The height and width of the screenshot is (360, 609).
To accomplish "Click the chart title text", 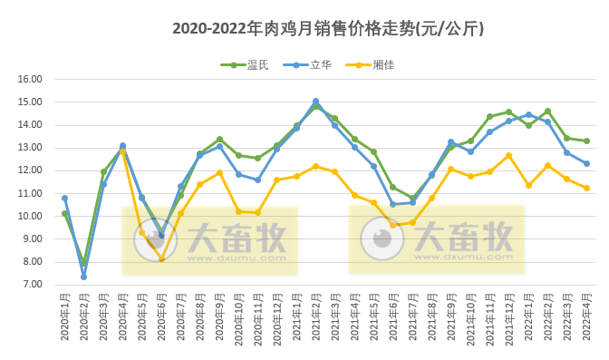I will pyautogui.click(x=327, y=29).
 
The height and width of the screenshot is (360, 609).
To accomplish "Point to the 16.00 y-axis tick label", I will pyautogui.click(x=31, y=79).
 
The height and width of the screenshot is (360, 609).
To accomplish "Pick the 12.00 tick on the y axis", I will pyautogui.click(x=31, y=170).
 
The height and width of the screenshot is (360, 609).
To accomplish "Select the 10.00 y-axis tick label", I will pyautogui.click(x=31, y=217).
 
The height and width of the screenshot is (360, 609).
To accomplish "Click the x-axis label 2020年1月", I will pyautogui.click(x=65, y=317).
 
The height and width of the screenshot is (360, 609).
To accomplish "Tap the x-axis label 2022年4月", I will pyautogui.click(x=587, y=317).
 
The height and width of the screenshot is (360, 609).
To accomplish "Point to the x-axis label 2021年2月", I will pyautogui.click(x=316, y=317).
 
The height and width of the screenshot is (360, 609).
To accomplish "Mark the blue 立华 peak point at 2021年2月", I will pyautogui.click(x=315, y=102).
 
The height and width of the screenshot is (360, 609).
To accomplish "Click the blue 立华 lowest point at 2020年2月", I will pyautogui.click(x=83, y=277).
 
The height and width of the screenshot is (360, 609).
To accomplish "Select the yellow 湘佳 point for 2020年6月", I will pyautogui.click(x=161, y=259).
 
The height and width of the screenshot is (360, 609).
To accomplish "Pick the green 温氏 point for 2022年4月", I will pyautogui.click(x=586, y=141).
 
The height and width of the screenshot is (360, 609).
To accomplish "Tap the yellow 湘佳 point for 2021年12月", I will pyautogui.click(x=508, y=155).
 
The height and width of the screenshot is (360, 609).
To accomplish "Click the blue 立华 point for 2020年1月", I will pyautogui.click(x=64, y=198).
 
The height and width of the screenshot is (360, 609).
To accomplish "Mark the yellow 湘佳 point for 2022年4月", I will pyautogui.click(x=586, y=188).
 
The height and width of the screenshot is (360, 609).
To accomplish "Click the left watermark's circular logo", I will pyautogui.click(x=155, y=239).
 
